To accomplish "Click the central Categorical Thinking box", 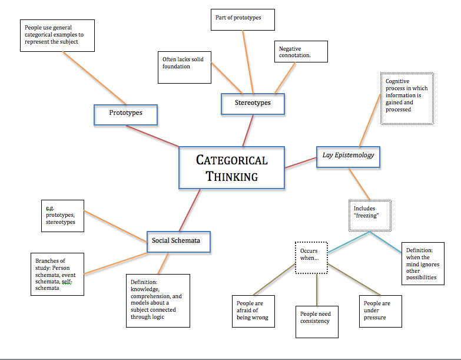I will pyautogui.click(x=231, y=168).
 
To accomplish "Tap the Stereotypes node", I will pyautogui.click(x=253, y=103).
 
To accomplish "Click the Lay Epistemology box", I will pyautogui.click(x=348, y=156).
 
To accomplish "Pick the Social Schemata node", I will pyautogui.click(x=176, y=240).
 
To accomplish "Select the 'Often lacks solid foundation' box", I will pyautogui.click(x=185, y=66).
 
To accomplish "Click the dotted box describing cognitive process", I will pyautogui.click(x=407, y=98).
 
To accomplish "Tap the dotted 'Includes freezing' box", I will pyautogui.click(x=369, y=213).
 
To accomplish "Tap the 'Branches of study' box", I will pyautogui.click(x=58, y=273).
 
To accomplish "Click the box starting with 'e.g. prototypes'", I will pyautogui.click(x=62, y=215).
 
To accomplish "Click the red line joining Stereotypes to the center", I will pyautogui.click(x=248, y=131).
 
